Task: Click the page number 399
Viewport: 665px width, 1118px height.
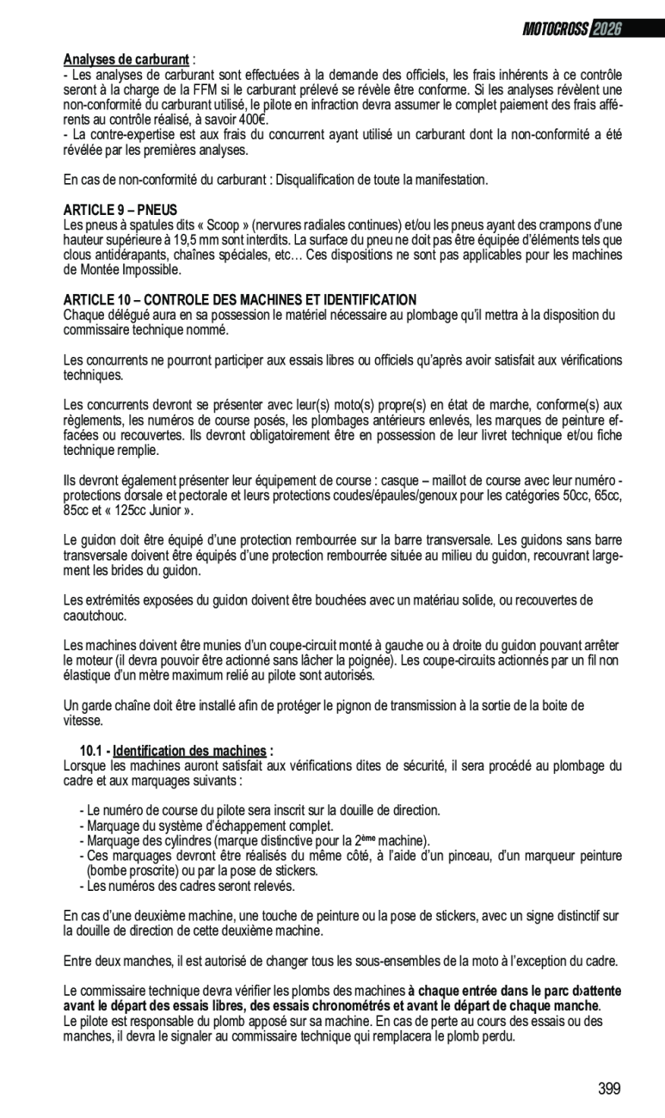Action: coord(609,1089)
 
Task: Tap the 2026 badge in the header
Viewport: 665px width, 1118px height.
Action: coord(605,30)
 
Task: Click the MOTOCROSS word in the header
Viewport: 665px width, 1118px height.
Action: coord(555,30)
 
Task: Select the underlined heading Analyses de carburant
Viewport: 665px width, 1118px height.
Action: coord(126,59)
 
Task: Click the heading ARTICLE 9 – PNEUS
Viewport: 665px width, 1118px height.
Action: coord(120,209)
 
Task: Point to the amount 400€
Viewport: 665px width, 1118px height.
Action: coord(251,120)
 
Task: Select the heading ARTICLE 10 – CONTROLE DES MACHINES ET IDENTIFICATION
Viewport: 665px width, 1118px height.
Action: coord(240,299)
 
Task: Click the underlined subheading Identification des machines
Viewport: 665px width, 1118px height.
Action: coord(189,750)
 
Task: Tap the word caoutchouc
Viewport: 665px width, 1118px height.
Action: coord(95,616)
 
